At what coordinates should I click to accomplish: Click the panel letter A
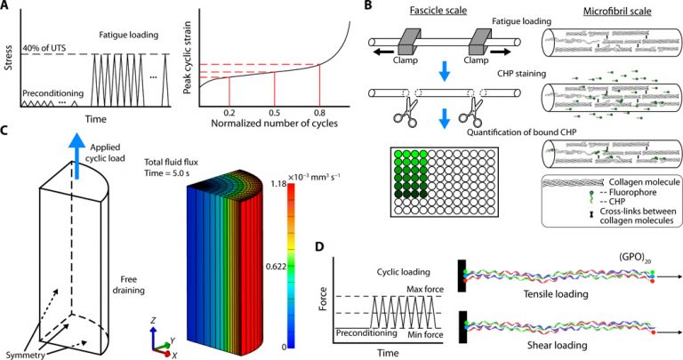point(8,8)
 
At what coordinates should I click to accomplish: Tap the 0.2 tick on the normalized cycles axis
point(230,112)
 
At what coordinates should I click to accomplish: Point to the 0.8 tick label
point(319,112)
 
